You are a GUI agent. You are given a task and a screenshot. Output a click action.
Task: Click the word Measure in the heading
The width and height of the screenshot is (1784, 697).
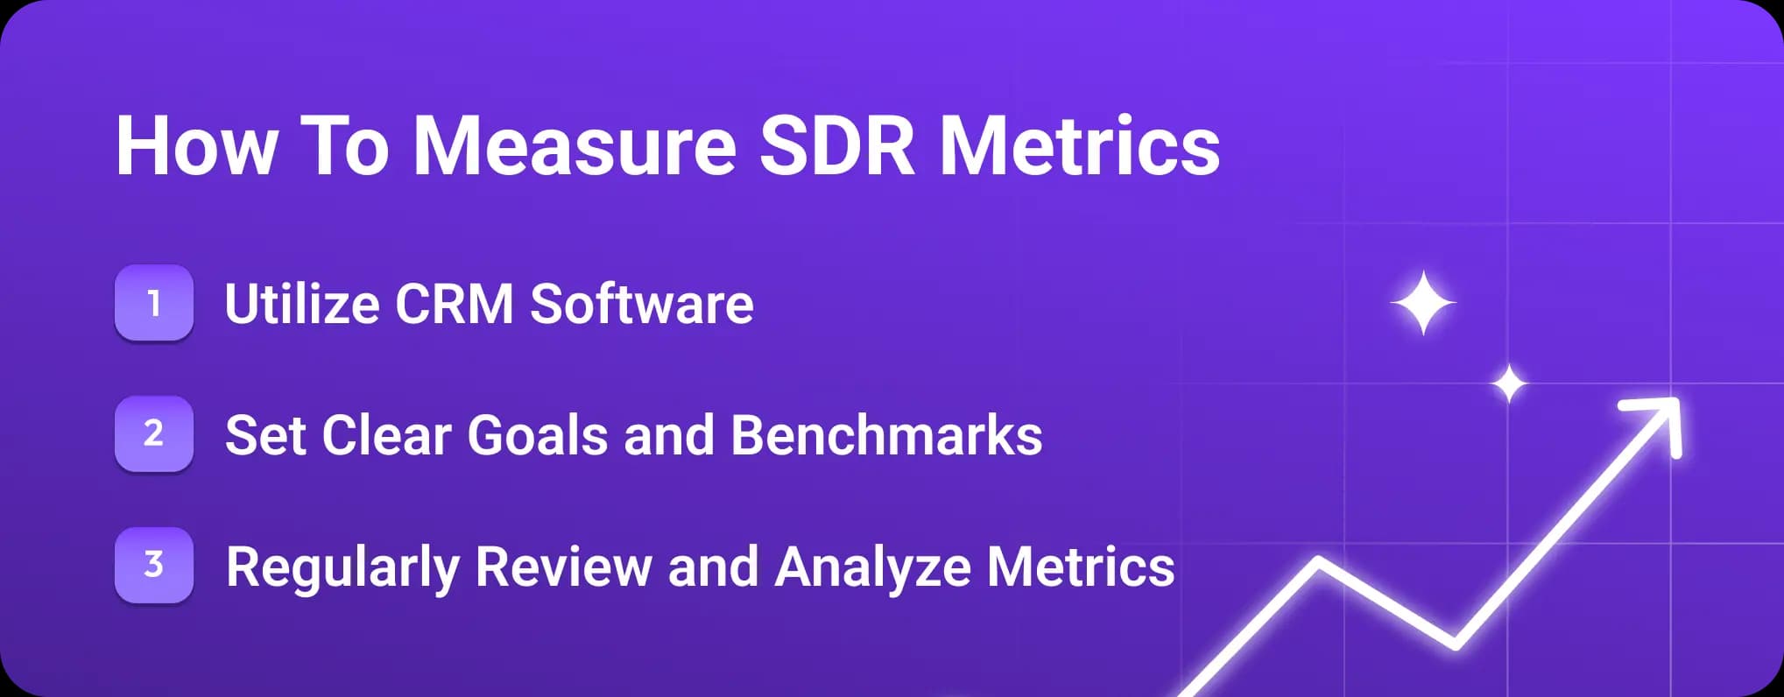tap(574, 146)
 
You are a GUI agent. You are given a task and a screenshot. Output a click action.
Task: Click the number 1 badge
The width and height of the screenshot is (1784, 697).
tap(154, 303)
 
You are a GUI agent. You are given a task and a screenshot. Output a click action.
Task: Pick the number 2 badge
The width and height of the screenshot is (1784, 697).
tap(154, 433)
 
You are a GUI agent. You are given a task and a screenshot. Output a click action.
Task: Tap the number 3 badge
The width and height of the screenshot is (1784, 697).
tap(154, 565)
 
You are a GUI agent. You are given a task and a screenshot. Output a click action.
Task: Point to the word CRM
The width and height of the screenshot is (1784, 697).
tap(454, 305)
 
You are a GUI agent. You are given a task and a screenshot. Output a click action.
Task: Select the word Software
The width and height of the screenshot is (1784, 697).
tap(641, 305)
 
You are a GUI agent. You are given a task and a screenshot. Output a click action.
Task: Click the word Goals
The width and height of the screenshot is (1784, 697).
tap(537, 435)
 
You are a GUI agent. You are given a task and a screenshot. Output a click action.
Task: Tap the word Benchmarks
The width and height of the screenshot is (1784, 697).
tap(886, 435)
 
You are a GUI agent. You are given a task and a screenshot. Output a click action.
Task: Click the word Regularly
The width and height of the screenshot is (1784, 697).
tap(342, 567)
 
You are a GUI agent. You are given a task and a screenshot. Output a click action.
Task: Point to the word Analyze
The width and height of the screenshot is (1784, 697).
tap(872, 567)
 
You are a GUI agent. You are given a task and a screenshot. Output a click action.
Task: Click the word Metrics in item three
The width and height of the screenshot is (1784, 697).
tap(1081, 567)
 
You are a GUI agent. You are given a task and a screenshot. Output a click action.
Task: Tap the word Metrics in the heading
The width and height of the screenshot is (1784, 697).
tap(1079, 146)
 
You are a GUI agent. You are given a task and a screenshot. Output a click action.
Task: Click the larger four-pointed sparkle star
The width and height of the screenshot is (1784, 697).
tap(1423, 303)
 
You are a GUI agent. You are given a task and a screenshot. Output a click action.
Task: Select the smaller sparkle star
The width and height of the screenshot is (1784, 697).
tap(1509, 384)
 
